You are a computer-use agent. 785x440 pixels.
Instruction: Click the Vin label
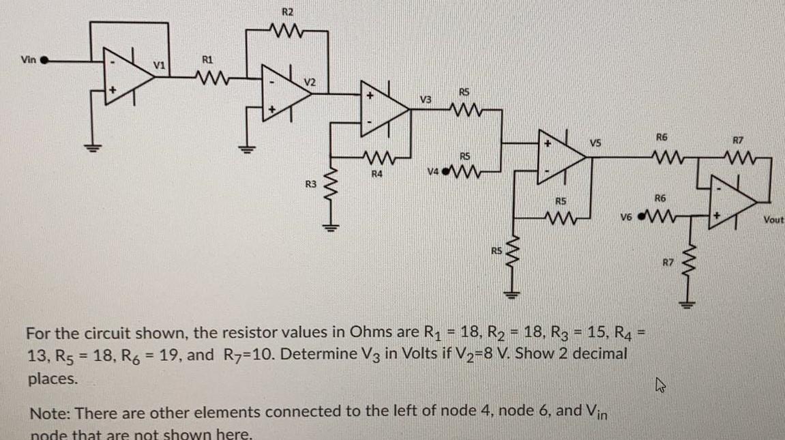click(x=28, y=59)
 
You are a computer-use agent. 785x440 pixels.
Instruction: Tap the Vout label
click(x=773, y=220)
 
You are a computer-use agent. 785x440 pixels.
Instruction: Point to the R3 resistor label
click(x=310, y=184)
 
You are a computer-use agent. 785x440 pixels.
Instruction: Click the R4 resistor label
click(x=376, y=175)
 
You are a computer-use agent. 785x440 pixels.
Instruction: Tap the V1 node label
click(x=158, y=65)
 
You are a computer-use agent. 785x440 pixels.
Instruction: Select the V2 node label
click(x=310, y=81)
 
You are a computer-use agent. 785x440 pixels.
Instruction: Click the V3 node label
click(x=425, y=100)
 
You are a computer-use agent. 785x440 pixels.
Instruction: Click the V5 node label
click(x=595, y=143)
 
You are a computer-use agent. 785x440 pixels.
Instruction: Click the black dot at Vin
click(x=45, y=60)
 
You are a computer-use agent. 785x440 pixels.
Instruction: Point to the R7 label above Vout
click(x=737, y=141)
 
